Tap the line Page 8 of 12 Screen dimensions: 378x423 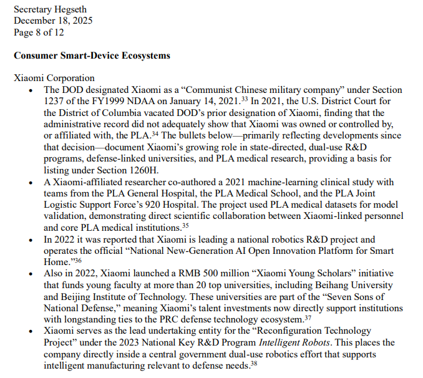(x=39, y=32)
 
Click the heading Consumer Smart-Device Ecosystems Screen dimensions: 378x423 (x=92, y=56)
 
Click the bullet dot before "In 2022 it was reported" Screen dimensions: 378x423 (x=32, y=240)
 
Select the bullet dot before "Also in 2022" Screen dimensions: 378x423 (x=32, y=273)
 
